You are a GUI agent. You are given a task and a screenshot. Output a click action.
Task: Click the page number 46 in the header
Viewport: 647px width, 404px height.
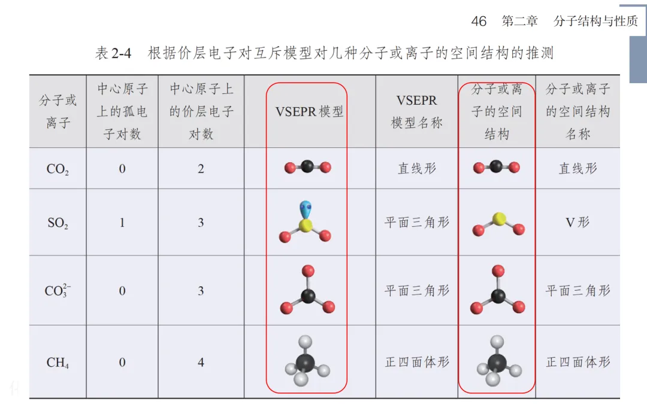click(x=479, y=22)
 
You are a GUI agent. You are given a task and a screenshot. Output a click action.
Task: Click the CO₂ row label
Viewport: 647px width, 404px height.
click(x=58, y=169)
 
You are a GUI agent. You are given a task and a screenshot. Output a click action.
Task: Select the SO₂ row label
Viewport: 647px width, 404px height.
click(x=58, y=224)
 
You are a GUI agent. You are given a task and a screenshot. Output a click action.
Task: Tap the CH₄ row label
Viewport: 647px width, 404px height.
click(x=58, y=363)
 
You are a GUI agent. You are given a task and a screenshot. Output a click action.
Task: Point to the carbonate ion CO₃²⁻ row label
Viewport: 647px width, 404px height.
click(x=58, y=291)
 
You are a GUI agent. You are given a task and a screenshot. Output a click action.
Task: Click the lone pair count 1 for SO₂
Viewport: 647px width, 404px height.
click(x=122, y=223)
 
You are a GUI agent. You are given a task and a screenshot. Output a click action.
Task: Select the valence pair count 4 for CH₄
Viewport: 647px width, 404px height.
click(x=201, y=362)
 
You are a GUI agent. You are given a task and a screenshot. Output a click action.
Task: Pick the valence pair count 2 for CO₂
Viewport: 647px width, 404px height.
click(x=201, y=169)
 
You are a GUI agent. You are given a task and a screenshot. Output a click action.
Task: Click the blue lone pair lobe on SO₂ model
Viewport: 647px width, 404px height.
click(x=306, y=208)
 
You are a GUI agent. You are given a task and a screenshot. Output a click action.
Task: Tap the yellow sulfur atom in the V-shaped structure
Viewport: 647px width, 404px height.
click(x=497, y=218)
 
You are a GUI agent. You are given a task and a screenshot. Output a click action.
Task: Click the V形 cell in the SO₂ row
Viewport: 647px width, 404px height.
click(x=578, y=223)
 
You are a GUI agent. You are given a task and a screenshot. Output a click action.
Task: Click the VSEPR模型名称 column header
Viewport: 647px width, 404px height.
click(x=417, y=112)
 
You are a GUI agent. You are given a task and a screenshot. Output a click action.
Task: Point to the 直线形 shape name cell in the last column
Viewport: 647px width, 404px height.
click(x=578, y=168)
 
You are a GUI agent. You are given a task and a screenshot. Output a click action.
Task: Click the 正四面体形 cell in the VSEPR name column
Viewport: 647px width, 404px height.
click(x=417, y=362)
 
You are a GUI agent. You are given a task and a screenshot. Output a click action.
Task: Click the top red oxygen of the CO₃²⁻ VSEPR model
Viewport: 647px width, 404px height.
click(x=308, y=271)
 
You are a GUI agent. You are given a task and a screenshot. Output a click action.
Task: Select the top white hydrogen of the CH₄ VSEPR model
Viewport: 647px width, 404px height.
click(x=306, y=342)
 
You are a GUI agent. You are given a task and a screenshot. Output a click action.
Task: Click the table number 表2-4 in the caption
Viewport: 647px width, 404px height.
click(x=113, y=53)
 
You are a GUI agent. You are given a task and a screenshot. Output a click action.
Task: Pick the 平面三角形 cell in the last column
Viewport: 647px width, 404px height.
click(x=578, y=291)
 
